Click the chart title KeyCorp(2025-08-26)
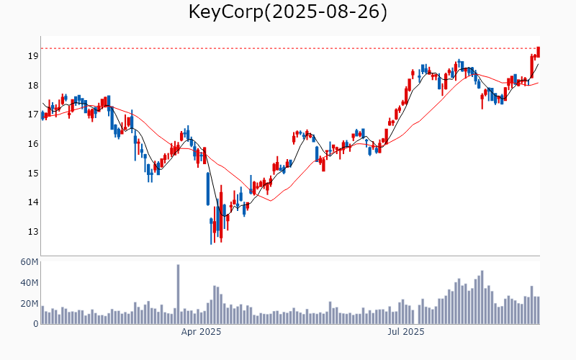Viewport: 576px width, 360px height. click(x=288, y=12)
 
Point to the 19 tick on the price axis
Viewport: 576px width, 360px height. click(x=33, y=56)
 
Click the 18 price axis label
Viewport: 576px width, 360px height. click(x=33, y=86)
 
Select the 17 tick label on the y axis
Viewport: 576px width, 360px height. click(x=33, y=114)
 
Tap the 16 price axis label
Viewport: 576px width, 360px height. click(x=33, y=144)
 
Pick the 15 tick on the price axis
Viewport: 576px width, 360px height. click(x=33, y=174)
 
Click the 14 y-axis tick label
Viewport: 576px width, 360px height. click(x=33, y=203)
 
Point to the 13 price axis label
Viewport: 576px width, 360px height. click(x=33, y=232)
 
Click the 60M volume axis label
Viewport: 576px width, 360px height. click(x=29, y=262)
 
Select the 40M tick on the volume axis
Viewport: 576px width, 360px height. click(x=29, y=283)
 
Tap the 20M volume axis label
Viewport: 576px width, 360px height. click(x=29, y=304)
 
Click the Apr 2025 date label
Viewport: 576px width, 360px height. click(x=201, y=332)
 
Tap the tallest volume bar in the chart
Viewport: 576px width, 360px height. click(x=178, y=294)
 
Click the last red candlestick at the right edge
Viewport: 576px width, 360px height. click(x=539, y=52)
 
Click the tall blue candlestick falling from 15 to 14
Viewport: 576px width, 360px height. click(x=208, y=189)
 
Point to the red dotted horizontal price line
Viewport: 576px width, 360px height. click(x=288, y=48)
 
